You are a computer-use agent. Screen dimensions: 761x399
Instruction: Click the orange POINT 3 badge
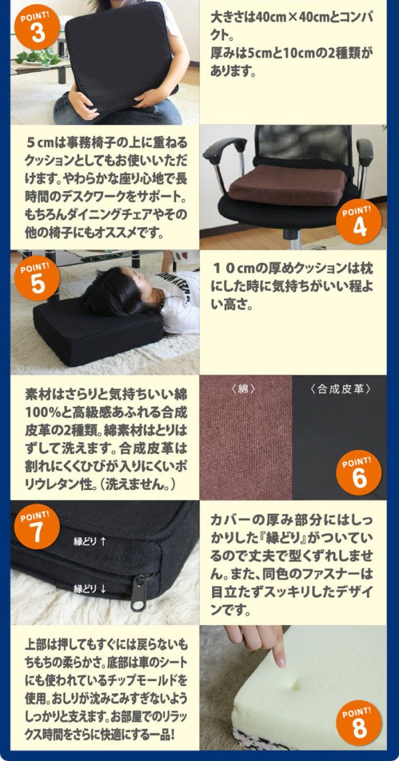tap(38, 27)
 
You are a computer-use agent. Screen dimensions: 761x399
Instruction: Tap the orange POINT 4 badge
tap(360, 222)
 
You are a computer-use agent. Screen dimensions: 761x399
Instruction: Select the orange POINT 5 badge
tap(38, 278)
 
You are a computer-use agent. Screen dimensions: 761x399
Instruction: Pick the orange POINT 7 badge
tap(38, 527)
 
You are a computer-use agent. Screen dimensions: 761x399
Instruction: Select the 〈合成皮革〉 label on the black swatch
tap(340, 389)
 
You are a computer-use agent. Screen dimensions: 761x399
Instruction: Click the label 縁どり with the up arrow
tap(90, 542)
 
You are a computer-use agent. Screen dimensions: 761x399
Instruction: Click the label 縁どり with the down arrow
tap(90, 589)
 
